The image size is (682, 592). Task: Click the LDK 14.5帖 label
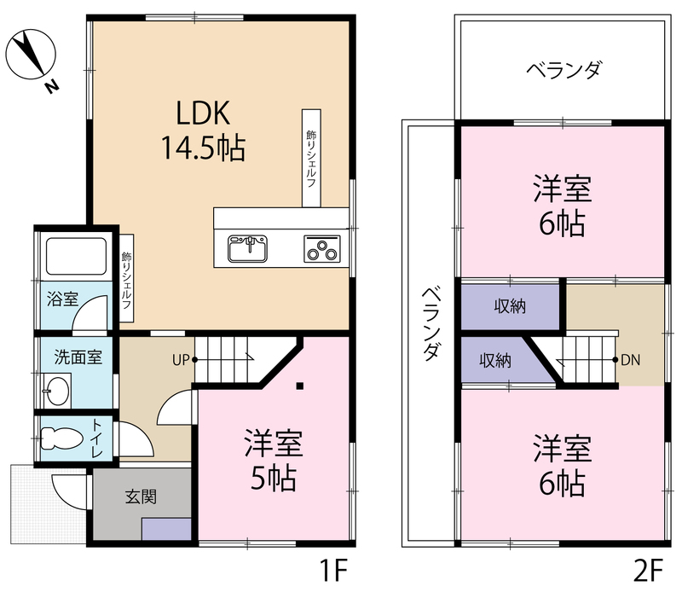coord(203,131)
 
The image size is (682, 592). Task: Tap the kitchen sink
coord(247,248)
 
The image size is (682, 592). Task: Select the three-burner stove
coord(322,248)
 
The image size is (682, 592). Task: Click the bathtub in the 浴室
coord(76,256)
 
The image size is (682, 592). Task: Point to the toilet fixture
coord(61,438)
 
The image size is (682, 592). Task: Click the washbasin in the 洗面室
coord(57,388)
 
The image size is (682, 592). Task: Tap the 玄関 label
coord(141,496)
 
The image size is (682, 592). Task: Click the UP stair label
coord(181,360)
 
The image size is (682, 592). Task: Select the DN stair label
coord(630,360)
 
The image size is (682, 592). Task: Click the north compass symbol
coord(32,55)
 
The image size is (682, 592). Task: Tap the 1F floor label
coord(333,570)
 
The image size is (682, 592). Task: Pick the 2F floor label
coord(648,570)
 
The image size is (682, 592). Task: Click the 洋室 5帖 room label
coord(274,460)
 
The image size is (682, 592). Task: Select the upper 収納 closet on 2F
coord(510,307)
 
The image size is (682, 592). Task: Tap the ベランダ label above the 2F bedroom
coord(564,70)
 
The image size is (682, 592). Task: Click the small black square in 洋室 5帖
coord(300,386)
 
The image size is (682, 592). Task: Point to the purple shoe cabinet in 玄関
coord(166,529)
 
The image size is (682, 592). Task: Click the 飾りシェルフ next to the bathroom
coord(126,279)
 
